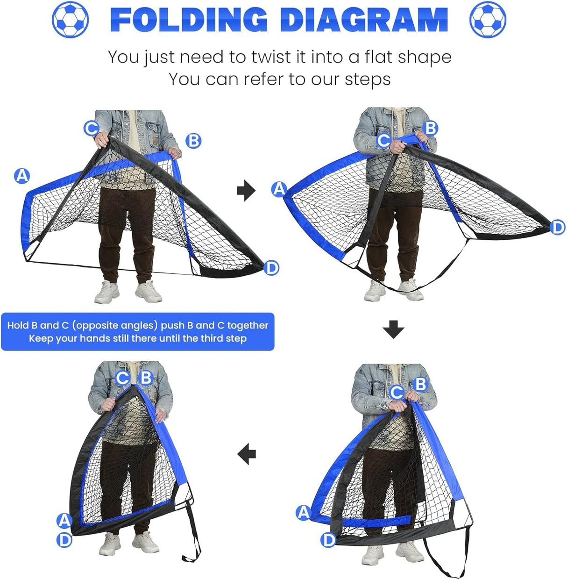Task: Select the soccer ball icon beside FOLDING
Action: click(70, 20)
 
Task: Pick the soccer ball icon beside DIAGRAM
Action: click(488, 20)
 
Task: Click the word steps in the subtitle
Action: click(368, 79)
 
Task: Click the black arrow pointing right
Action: click(246, 191)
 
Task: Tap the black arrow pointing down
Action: click(393, 329)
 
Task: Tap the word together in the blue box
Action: click(248, 325)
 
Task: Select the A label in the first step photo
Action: click(22, 176)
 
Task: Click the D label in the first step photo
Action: click(271, 268)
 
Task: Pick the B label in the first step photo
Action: click(193, 140)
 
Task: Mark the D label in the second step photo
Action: click(557, 228)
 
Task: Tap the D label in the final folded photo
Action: click(64, 540)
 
